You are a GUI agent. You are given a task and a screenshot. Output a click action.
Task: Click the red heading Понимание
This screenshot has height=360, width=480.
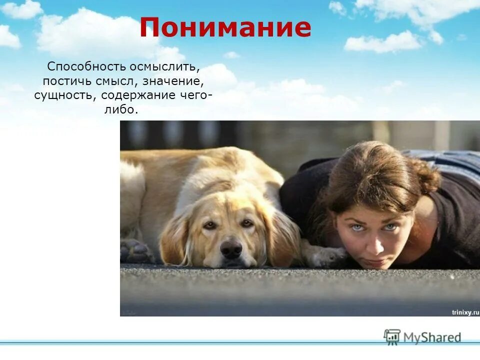(225, 28)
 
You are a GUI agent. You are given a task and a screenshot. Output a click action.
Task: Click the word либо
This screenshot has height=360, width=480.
(120, 110)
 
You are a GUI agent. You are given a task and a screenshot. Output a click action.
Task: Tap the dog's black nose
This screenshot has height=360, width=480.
(231, 248)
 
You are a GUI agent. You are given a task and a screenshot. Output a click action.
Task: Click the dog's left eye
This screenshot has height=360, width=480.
(210, 225)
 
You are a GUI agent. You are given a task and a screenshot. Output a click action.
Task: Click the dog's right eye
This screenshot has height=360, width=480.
(247, 223)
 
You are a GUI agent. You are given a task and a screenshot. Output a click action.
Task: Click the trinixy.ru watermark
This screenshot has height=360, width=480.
(465, 311)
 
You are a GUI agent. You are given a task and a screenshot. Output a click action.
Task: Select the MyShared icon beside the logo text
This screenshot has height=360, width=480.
(392, 336)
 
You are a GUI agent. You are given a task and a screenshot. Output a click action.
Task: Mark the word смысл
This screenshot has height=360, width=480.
(125, 81)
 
